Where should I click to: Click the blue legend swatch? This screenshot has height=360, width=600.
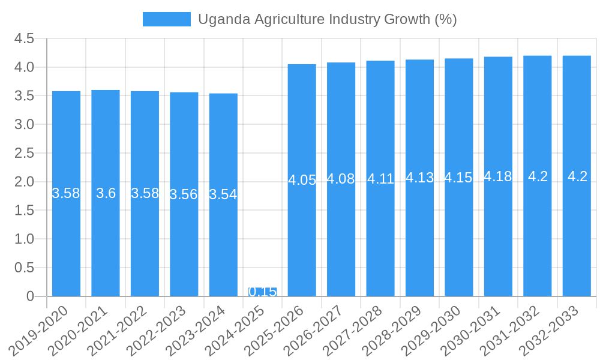click(x=166, y=19)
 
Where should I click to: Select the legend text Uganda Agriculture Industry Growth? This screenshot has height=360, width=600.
click(x=327, y=19)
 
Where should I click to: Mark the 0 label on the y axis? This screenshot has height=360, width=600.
click(x=31, y=296)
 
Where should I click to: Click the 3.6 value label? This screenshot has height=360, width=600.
click(x=106, y=193)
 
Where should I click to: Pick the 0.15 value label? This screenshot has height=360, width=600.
click(x=262, y=292)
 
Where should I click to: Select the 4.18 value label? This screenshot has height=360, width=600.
click(x=498, y=176)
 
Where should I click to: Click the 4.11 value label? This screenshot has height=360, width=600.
click(x=380, y=179)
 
